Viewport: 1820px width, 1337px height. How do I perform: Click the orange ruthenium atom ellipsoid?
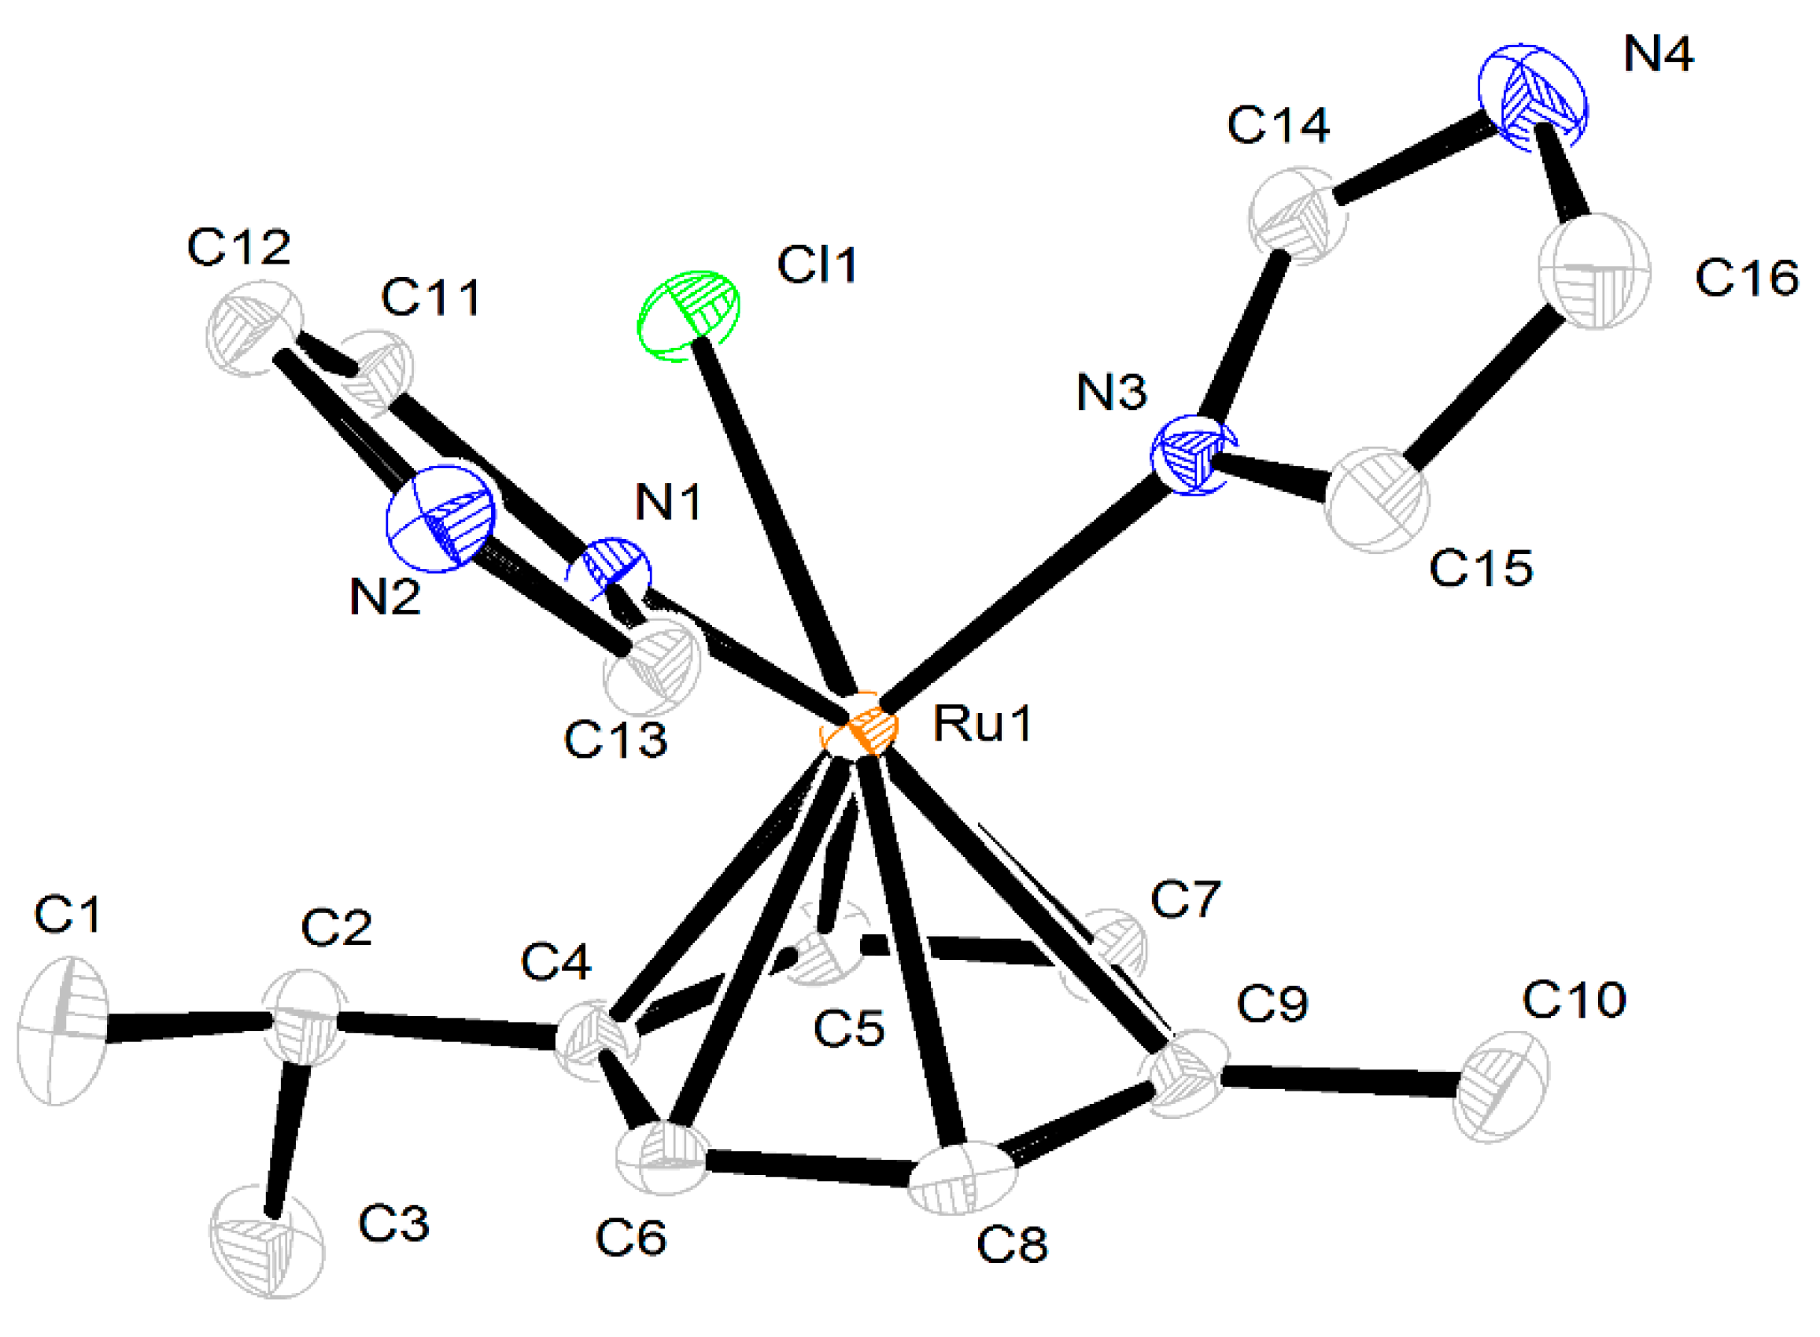(858, 723)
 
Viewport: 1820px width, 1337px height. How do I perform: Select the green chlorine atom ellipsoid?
(688, 315)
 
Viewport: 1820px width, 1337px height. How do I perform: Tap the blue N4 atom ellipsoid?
(1531, 96)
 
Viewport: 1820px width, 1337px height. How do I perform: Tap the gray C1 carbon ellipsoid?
(61, 1029)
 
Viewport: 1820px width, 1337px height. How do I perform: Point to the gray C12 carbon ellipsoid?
(254, 328)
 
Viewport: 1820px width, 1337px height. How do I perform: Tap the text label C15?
(1480, 567)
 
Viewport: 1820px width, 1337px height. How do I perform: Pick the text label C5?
(849, 1029)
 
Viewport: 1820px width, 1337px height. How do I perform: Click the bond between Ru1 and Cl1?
(774, 518)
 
